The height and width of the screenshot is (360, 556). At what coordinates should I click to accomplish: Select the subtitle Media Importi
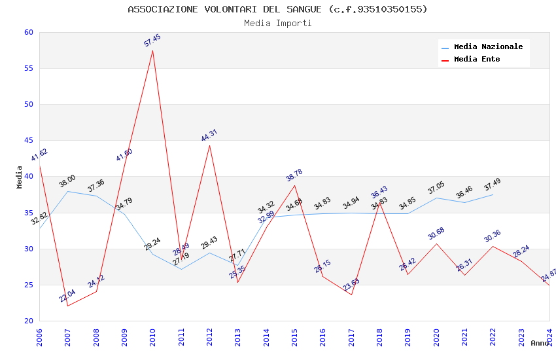tap(277, 24)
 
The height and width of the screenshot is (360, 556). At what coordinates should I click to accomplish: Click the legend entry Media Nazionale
tap(488, 47)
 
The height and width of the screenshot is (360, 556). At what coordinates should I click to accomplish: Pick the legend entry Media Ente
tap(477, 60)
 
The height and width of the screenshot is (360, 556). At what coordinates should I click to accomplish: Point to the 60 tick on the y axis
tap(28, 32)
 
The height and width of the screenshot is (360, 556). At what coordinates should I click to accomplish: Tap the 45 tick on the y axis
tap(28, 140)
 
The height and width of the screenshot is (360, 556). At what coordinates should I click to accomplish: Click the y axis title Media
tap(20, 177)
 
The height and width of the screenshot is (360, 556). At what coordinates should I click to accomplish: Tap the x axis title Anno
tap(540, 343)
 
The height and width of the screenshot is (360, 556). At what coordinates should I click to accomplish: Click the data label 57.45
tap(152, 41)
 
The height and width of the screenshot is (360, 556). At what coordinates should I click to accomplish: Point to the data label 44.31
tap(209, 135)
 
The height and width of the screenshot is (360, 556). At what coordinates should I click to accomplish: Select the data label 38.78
tap(294, 175)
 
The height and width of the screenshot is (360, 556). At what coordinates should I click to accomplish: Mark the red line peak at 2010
tap(153, 50)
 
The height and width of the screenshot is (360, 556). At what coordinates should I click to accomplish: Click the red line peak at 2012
tap(209, 145)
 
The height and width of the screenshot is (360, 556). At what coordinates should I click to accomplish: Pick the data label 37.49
tap(493, 185)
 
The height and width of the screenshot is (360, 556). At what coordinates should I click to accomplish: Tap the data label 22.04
tap(67, 296)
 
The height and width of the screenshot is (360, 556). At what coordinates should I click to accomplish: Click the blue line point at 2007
tap(67, 191)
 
